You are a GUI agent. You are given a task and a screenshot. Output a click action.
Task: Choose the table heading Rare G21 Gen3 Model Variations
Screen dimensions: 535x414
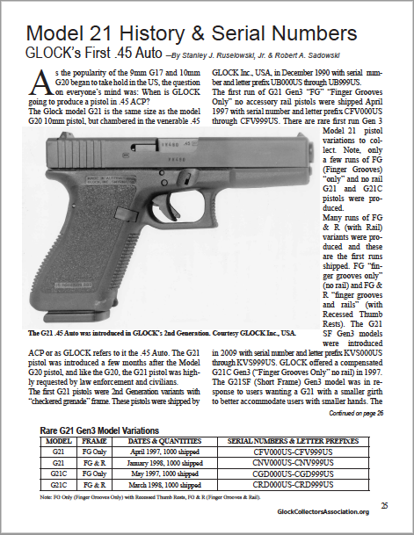point(113,430)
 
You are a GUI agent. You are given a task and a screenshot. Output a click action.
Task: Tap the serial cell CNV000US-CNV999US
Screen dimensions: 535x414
point(279,462)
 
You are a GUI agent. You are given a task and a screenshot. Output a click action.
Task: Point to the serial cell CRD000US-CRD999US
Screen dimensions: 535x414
point(279,483)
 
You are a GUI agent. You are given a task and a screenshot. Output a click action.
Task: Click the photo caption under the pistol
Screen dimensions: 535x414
point(163,335)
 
